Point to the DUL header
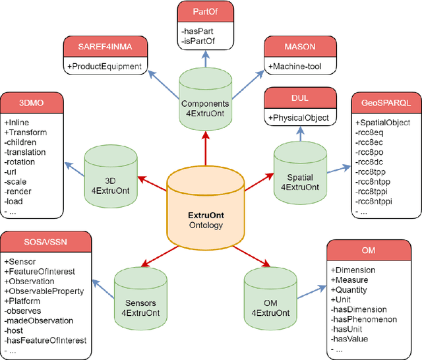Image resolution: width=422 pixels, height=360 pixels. click(x=301, y=98)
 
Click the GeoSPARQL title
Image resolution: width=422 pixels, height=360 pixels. click(x=386, y=104)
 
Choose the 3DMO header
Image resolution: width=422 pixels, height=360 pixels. click(x=34, y=103)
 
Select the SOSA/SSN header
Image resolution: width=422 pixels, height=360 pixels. click(x=45, y=241)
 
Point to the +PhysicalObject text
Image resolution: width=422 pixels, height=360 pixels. click(x=301, y=117)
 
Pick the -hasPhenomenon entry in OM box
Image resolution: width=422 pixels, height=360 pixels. click(x=363, y=319)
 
